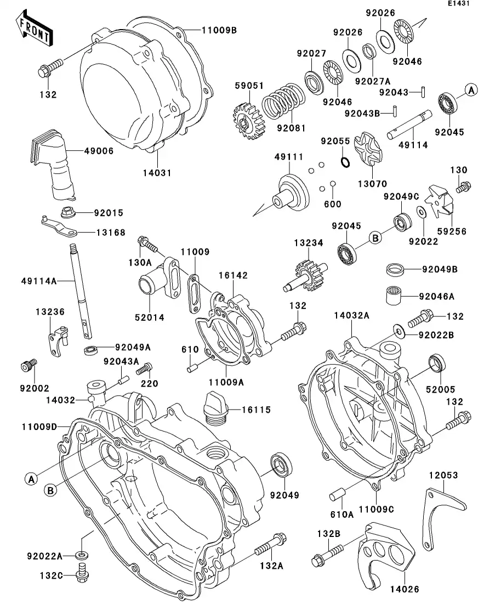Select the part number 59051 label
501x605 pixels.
249,86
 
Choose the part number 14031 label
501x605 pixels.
158,172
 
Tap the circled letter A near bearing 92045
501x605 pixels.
472,89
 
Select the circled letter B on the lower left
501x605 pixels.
50,490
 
